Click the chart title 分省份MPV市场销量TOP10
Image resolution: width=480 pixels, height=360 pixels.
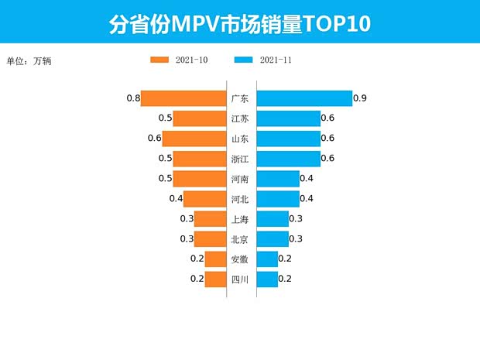click(x=239, y=23)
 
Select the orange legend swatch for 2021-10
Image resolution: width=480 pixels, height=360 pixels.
click(x=159, y=60)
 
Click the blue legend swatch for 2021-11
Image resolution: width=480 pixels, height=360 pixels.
click(x=243, y=60)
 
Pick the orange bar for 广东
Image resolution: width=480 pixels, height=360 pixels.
click(x=183, y=98)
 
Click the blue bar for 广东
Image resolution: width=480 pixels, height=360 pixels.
click(x=303, y=98)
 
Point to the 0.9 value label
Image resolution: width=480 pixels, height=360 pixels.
click(x=359, y=98)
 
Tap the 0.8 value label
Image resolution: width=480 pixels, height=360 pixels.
click(x=132, y=98)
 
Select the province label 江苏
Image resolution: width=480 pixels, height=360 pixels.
click(x=240, y=118)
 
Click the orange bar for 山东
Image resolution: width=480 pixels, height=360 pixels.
click(x=194, y=139)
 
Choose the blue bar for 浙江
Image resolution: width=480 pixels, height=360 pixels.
click(x=288, y=159)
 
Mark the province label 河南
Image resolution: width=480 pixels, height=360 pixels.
click(x=240, y=179)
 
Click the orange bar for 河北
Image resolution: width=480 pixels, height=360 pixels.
click(x=204, y=199)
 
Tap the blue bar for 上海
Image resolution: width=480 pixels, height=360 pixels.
click(x=272, y=219)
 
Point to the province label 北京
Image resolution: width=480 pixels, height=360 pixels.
click(x=240, y=239)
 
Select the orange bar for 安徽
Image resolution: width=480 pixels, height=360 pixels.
click(x=215, y=259)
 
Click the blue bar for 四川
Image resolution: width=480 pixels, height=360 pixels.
click(x=266, y=279)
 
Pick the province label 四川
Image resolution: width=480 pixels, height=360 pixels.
click(x=240, y=279)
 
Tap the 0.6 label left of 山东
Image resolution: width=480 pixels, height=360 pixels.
click(x=154, y=139)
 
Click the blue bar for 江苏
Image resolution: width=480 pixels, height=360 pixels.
click(x=288, y=118)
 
